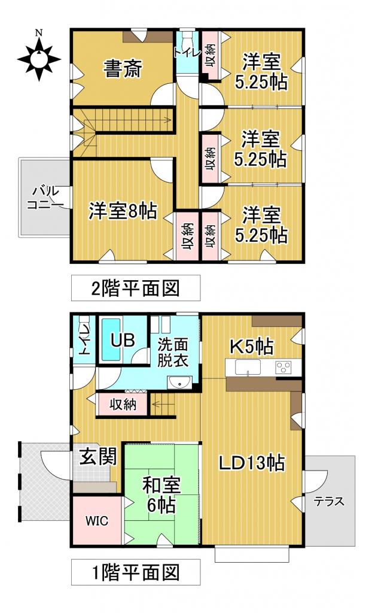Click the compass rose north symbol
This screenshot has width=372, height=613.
click(39, 58)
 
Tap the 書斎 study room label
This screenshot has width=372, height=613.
click(123, 70)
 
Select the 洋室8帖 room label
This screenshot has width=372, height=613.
click(123, 211)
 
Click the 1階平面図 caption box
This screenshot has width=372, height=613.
click(135, 572)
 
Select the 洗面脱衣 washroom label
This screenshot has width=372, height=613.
click(173, 353)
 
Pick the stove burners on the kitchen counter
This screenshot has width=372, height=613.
click(282, 367)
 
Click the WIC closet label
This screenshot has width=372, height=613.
click(96, 520)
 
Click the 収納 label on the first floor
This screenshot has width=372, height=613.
click(123, 405)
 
